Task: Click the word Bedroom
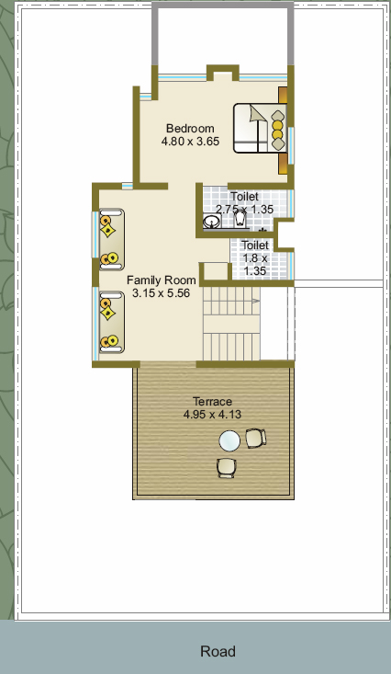point(190,128)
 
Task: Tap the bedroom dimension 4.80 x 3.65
point(190,141)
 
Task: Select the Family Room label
point(162,280)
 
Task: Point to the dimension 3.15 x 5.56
point(162,293)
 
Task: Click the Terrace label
point(212,402)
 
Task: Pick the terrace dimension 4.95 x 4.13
point(212,415)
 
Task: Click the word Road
point(218,651)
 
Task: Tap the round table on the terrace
point(229,441)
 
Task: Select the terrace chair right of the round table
point(256,438)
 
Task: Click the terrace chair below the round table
point(226,468)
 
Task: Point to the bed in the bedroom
point(260,128)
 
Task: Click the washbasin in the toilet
point(211,222)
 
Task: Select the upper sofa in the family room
point(112,239)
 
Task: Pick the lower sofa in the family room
point(112,323)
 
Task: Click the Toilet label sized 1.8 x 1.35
point(255,245)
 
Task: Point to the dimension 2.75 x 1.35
point(245,210)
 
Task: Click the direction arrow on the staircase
point(255,302)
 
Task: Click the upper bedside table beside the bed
point(283,95)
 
